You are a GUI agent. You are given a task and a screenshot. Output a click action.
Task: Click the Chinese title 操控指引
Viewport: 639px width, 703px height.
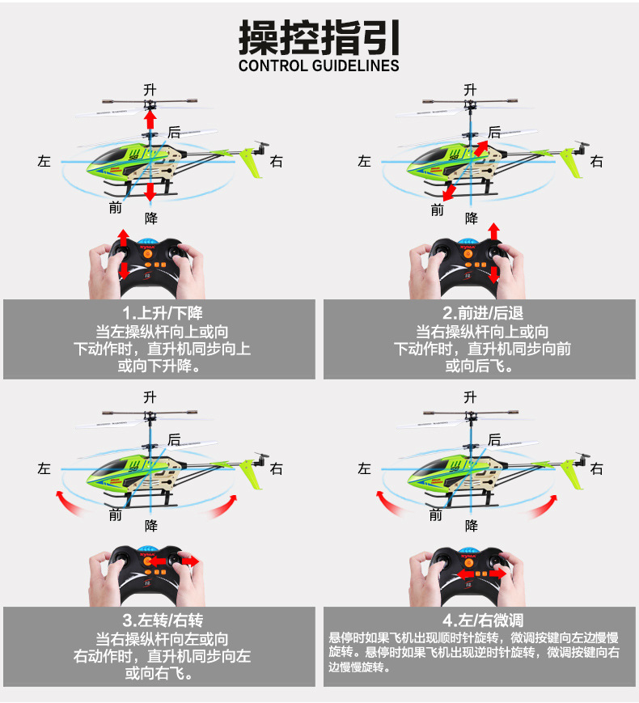click(x=319, y=37)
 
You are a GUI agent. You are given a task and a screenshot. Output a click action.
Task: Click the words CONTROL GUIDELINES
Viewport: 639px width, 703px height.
click(x=319, y=66)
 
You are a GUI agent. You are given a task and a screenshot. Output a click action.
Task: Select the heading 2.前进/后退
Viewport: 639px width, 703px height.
click(x=482, y=313)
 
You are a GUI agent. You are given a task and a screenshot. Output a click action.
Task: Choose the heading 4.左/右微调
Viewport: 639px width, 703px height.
click(x=482, y=620)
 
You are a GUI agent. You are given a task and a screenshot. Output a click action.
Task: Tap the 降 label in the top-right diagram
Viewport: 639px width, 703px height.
click(x=472, y=218)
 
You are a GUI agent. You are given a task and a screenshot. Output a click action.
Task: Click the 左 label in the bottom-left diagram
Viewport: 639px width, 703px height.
click(x=44, y=468)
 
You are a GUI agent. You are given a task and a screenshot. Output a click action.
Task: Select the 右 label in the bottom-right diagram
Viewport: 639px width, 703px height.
click(x=597, y=468)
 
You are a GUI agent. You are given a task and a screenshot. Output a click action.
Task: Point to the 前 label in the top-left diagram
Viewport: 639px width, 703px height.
click(x=116, y=208)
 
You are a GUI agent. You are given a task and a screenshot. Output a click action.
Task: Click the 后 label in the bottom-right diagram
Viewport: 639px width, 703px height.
click(x=494, y=440)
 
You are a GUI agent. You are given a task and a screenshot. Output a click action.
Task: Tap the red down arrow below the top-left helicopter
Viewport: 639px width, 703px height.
click(x=150, y=192)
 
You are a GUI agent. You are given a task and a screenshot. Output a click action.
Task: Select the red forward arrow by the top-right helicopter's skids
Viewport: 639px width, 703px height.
click(x=448, y=192)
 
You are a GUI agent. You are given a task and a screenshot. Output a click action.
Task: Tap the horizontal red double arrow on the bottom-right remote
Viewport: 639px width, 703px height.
click(x=476, y=573)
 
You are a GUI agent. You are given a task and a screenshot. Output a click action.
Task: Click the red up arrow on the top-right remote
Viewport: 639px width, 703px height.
click(x=493, y=235)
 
